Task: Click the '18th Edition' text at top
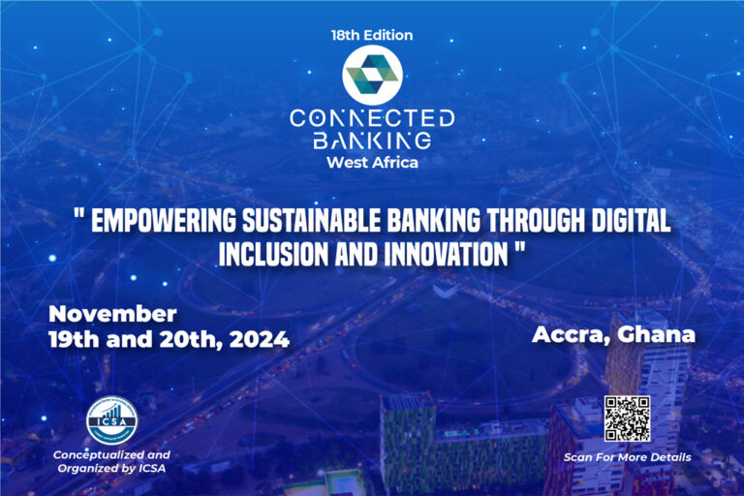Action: [372, 35]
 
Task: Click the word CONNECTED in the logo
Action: [372, 118]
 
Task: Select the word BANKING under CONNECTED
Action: [372, 141]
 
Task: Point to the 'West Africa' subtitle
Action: [372, 162]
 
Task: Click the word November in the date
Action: [112, 314]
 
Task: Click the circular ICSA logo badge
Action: [111, 418]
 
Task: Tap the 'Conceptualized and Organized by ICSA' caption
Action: [111, 461]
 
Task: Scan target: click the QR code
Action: [627, 418]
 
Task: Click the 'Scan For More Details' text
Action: [627, 456]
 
